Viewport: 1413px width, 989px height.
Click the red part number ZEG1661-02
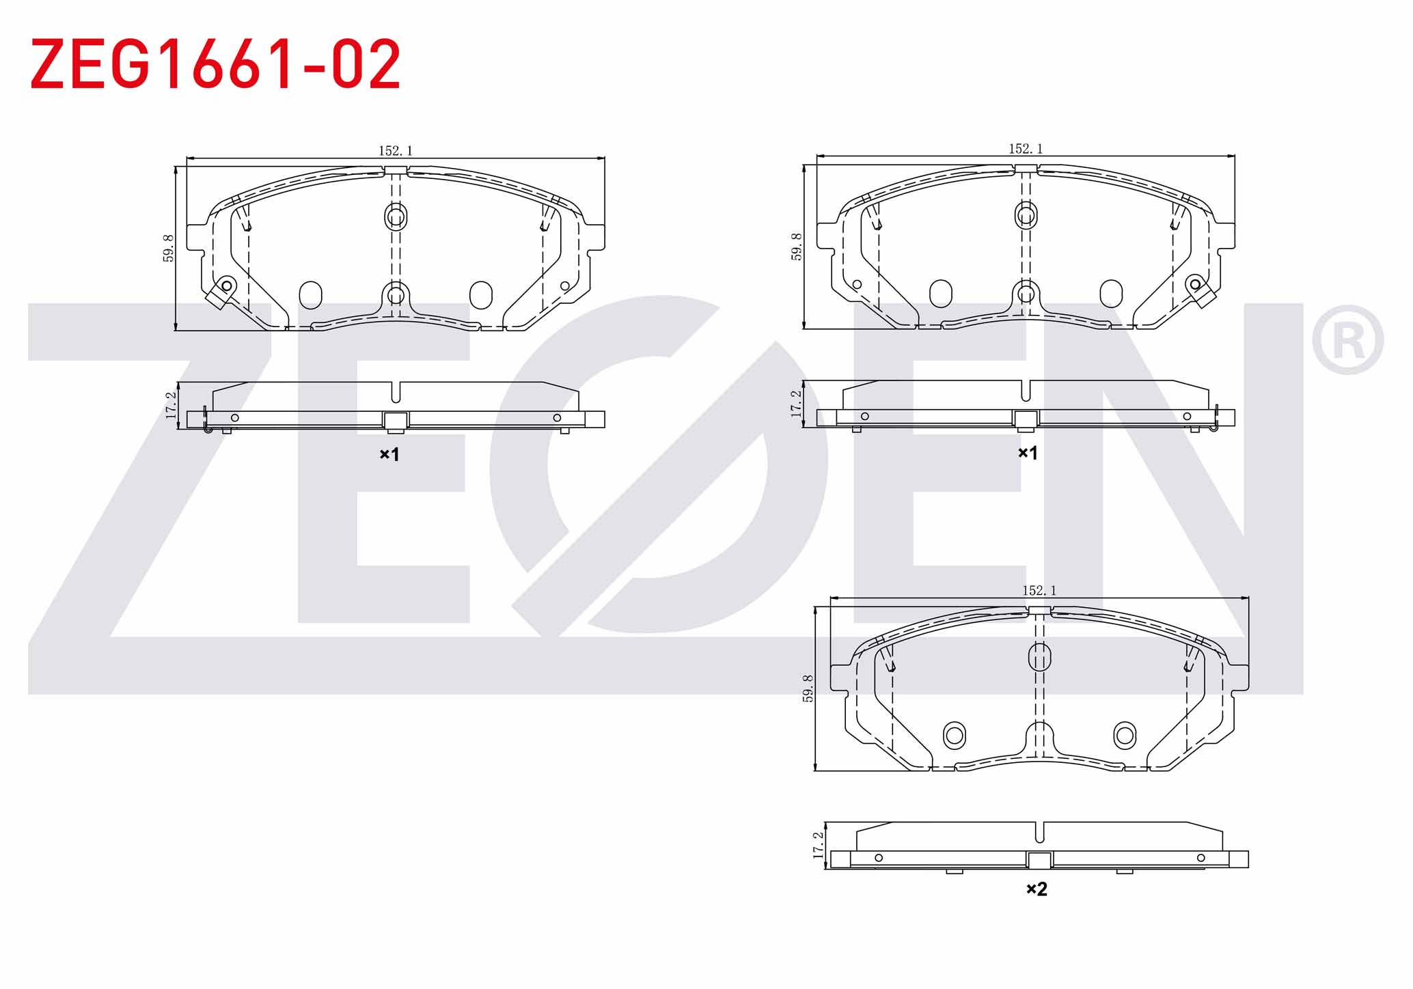[x=215, y=64]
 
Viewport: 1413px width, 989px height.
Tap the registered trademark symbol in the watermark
[x=1347, y=340]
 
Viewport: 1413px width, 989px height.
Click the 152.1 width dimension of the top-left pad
[x=396, y=150]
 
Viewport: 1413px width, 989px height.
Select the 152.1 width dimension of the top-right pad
[x=1026, y=148]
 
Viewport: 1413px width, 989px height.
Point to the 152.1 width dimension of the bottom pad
[x=1039, y=590]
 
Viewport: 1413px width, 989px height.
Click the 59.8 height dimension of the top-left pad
[x=168, y=248]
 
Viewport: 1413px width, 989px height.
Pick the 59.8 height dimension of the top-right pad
[x=797, y=247]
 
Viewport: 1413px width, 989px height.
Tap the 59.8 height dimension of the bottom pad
[x=808, y=688]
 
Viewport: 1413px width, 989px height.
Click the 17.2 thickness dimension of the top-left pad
[x=171, y=405]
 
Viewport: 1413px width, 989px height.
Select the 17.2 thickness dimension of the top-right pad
[x=797, y=404]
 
